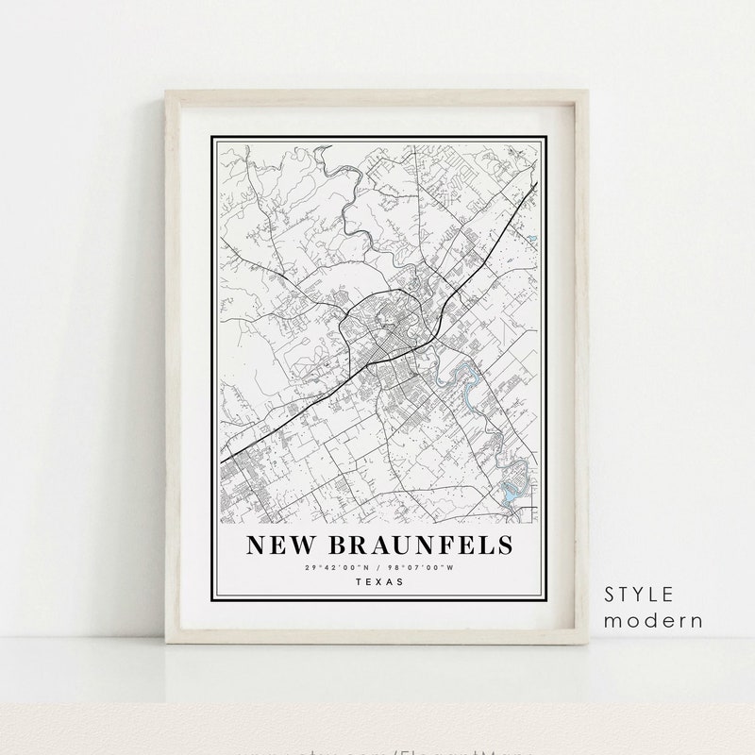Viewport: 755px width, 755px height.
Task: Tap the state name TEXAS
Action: coord(379,581)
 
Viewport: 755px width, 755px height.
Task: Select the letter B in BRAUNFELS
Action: coord(339,546)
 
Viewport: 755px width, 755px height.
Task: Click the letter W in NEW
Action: coord(300,546)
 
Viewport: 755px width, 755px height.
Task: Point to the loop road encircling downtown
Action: coord(345,316)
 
